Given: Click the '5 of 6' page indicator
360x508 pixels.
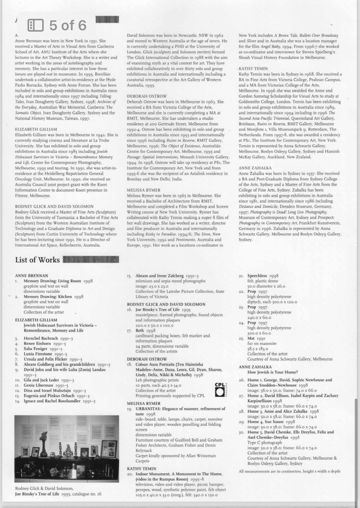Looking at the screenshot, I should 68,25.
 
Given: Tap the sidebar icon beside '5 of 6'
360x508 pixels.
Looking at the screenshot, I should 36,25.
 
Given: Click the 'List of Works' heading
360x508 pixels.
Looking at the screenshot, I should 37,260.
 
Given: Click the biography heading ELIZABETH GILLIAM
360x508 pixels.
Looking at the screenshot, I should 36,129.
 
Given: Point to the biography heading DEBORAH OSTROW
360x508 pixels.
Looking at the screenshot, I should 147,96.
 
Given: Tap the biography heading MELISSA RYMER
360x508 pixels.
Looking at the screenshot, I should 144,190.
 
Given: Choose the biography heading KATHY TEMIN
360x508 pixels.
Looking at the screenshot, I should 253,68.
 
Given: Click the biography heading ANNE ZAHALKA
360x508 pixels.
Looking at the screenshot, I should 255,168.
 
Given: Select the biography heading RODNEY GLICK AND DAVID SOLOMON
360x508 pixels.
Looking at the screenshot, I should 54,206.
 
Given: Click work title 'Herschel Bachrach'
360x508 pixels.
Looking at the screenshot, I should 41,338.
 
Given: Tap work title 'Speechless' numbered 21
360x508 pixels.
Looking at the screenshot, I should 257,276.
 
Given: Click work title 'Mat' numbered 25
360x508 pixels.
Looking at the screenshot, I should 251,338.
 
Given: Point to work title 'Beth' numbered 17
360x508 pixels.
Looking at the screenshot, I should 140,330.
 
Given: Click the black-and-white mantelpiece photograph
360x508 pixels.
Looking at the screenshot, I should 67,449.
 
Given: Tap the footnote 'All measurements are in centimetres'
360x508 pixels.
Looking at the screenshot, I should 289,471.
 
